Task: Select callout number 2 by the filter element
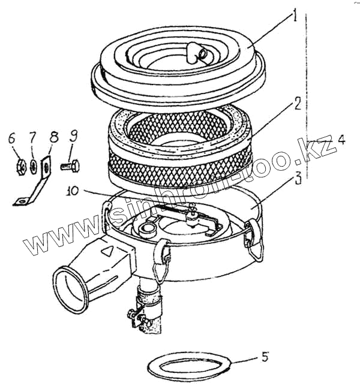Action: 297,103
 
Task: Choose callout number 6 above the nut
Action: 11,138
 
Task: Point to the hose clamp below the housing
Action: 149,294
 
